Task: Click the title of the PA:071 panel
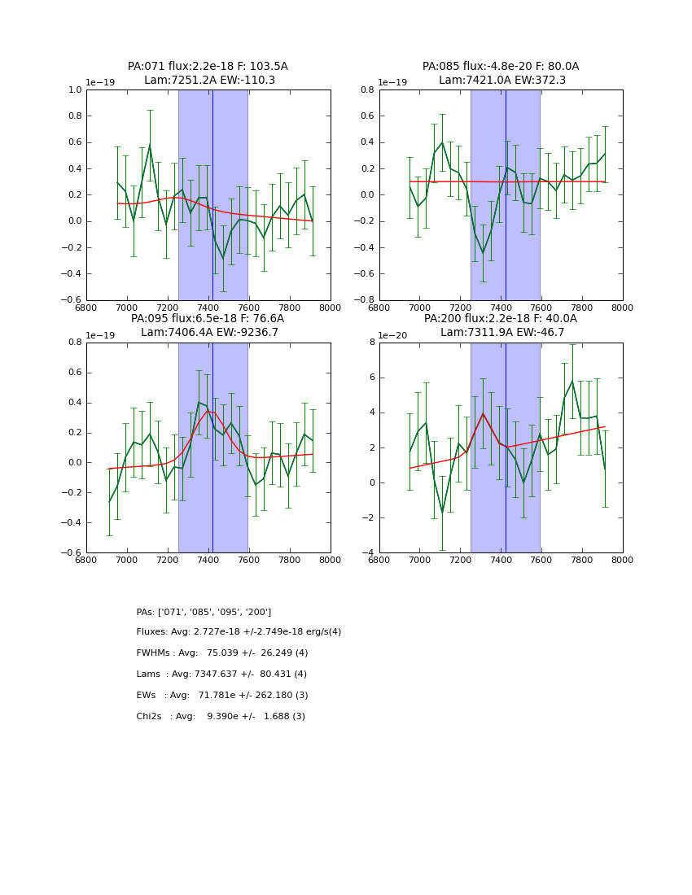click(x=208, y=73)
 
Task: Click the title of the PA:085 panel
click(x=501, y=73)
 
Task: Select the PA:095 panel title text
click(x=208, y=325)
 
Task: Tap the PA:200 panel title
click(x=501, y=325)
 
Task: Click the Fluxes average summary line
click(x=239, y=632)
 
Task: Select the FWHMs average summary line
click(x=221, y=653)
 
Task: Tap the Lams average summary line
click(x=221, y=675)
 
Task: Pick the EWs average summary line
click(x=221, y=696)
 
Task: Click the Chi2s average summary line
click(x=221, y=717)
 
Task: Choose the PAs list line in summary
click(x=204, y=612)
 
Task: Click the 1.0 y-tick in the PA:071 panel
click(x=75, y=90)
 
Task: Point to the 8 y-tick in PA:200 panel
click(x=371, y=343)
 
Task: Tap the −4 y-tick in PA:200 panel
click(x=368, y=553)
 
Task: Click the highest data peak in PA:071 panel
click(x=150, y=145)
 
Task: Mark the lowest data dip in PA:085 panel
click(x=483, y=253)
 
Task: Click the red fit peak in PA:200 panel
click(x=483, y=413)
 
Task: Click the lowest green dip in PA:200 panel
click(x=442, y=513)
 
